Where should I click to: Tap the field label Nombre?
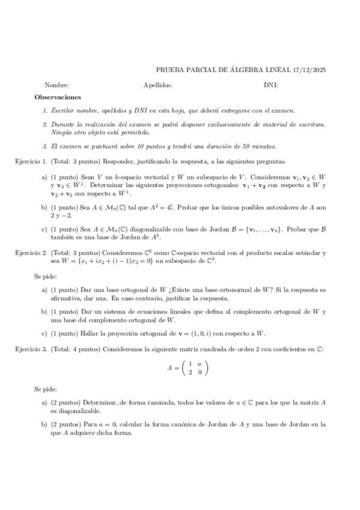[x=56, y=85]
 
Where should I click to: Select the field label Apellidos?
[x=158, y=85]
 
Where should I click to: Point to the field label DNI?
[x=270, y=85]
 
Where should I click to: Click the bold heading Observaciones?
[x=58, y=97]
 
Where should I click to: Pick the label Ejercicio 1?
[x=31, y=161]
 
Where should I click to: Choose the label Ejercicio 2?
[x=31, y=253]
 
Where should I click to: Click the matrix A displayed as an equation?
[x=187, y=368]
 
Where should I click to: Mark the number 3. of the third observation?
[x=45, y=146]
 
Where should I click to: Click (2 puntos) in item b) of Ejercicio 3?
[x=66, y=424]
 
